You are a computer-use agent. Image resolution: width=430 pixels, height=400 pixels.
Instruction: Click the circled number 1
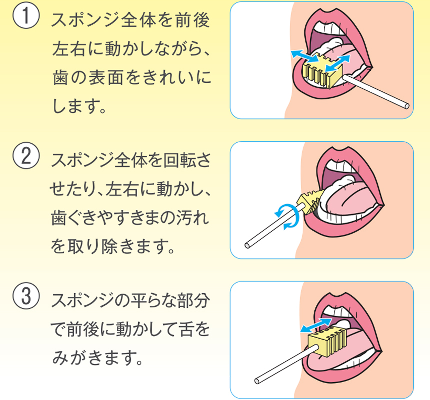click(26, 16)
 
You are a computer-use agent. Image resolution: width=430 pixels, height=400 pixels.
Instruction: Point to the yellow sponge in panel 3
click(327, 341)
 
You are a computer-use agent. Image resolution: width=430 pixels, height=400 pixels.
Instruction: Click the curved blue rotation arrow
click(287, 216)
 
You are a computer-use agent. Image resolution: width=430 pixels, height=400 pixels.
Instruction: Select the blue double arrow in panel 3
click(316, 325)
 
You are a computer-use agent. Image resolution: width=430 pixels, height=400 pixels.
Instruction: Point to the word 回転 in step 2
click(179, 160)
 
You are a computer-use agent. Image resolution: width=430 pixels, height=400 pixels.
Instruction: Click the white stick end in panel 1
click(407, 106)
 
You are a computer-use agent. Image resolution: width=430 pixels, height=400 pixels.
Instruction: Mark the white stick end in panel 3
click(257, 381)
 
